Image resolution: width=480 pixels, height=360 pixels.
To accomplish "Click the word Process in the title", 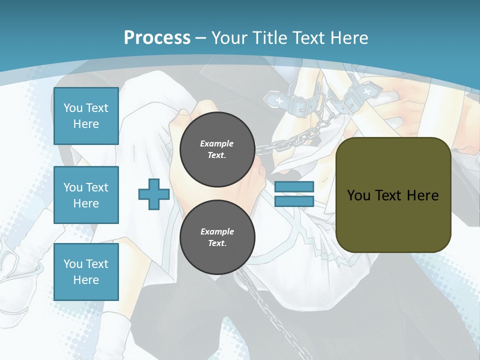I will click(157, 38).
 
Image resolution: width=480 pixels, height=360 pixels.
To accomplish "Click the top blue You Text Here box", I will click(86, 116).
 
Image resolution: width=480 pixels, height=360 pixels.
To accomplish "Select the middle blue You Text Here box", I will click(86, 195).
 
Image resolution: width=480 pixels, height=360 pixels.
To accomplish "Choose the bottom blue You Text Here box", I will click(86, 271).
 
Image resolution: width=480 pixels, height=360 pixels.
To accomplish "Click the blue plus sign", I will click(154, 194).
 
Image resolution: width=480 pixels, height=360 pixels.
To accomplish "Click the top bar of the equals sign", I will click(294, 187).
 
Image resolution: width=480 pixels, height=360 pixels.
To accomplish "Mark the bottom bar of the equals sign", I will click(294, 201).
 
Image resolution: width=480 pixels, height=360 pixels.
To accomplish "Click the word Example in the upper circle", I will click(217, 143).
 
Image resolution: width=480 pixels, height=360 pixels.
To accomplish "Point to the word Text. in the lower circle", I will click(217, 243).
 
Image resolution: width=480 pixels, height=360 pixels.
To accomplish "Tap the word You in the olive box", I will click(358, 195).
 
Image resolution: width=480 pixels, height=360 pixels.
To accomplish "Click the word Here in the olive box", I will click(423, 195).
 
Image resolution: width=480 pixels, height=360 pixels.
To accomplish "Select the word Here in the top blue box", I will click(86, 124).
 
